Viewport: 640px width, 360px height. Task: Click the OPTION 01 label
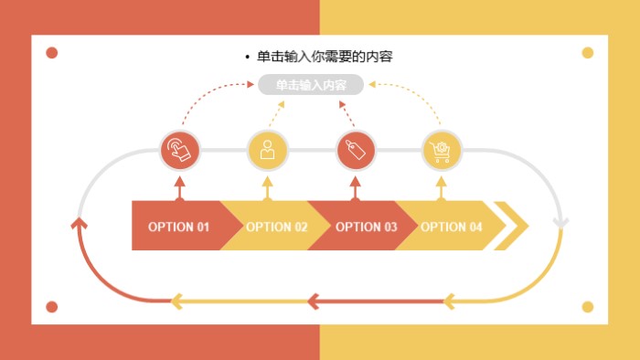[178, 227]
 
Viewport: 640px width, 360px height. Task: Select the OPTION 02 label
[276, 227]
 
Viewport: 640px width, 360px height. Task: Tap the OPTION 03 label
[366, 227]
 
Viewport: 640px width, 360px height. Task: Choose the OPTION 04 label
[451, 227]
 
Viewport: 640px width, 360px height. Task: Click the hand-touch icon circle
[180, 150]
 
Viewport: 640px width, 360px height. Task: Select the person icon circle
[268, 150]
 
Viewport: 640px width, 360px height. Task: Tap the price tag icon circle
[356, 150]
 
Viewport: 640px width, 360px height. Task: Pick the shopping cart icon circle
[442, 150]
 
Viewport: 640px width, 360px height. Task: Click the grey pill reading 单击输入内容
[311, 85]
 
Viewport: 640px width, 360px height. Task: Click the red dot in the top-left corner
[52, 53]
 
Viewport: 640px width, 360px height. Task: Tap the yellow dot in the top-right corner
[588, 53]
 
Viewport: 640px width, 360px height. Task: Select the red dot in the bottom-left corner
[52, 307]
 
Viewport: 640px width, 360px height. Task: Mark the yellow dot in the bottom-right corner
[588, 307]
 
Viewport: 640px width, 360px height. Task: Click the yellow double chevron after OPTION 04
[513, 225]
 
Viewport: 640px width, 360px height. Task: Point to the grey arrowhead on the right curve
[561, 223]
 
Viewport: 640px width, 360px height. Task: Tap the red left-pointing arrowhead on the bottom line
[313, 300]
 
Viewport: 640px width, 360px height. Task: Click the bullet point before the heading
[248, 58]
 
